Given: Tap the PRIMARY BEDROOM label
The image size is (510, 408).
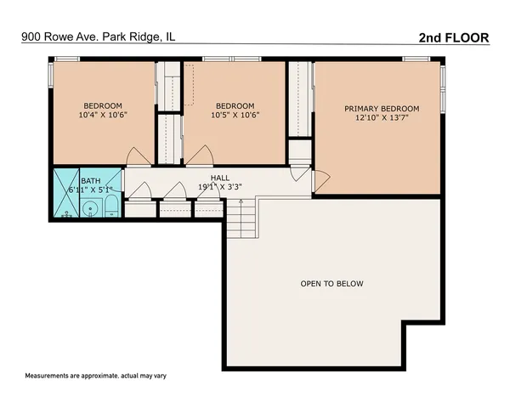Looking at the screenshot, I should click(382, 109).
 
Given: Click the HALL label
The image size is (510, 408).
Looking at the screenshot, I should click(220, 178).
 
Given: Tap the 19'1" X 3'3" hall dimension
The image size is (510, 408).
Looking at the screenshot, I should click(220, 187).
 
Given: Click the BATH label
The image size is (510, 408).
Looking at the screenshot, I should click(90, 181).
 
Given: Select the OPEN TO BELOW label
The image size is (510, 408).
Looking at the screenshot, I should click(331, 284).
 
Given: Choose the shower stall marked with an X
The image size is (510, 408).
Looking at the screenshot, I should click(67, 193).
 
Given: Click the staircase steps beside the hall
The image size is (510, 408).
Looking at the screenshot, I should click(241, 220).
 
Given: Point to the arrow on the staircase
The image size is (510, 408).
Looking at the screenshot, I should click(242, 204).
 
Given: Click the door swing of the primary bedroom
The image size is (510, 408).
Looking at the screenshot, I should click(320, 180).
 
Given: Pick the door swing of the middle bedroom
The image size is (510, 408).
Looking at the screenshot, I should click(200, 156).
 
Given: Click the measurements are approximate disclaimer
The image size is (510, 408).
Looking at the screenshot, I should click(93, 376).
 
